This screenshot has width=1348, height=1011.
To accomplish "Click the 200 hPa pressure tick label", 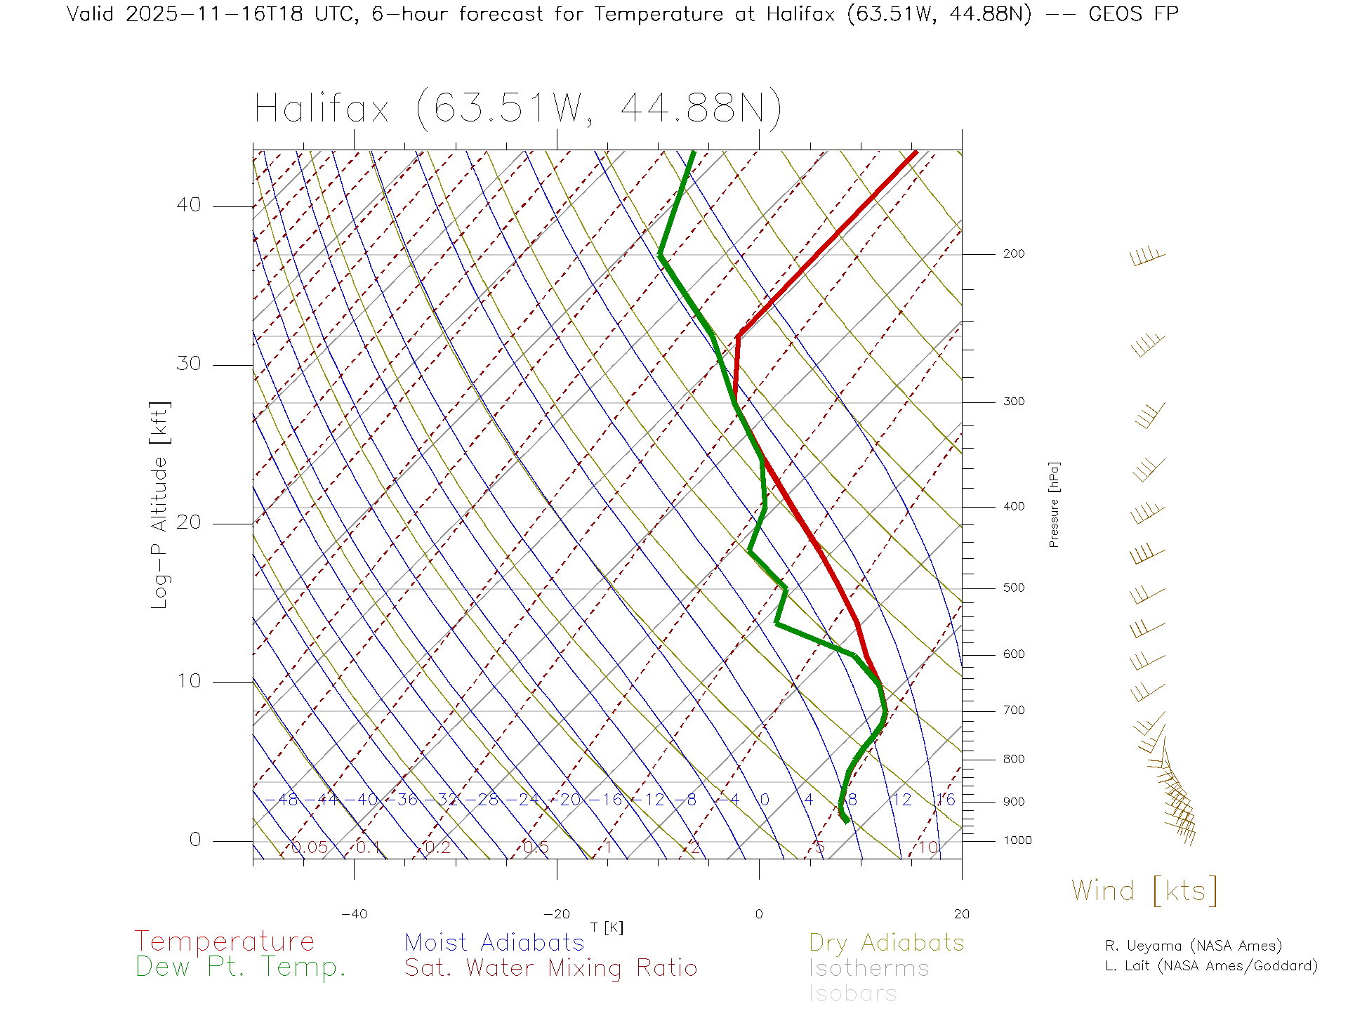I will [1013, 254].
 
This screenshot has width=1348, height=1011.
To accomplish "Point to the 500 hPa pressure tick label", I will [1013, 588].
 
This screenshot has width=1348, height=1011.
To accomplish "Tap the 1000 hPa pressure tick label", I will [1017, 840].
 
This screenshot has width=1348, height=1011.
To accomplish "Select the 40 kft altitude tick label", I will [188, 205].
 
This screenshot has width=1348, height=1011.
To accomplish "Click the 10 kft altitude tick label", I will [188, 681].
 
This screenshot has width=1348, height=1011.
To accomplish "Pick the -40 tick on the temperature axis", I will [354, 914].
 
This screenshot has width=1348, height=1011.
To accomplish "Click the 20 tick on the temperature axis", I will [961, 914].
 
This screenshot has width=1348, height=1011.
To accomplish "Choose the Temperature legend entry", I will [224, 941].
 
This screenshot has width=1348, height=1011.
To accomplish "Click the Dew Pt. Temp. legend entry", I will [241, 967].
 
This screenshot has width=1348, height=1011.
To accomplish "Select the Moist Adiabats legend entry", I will [494, 943].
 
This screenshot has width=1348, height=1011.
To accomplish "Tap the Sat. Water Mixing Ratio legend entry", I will [550, 968].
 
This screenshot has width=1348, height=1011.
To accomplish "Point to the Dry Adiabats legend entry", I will [886, 943].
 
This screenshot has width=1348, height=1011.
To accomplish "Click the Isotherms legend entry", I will [868, 969].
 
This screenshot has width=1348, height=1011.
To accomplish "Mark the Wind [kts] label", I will [1144, 891].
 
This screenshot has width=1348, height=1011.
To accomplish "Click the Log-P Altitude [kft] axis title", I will [160, 505].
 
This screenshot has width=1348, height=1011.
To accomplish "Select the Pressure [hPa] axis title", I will [1054, 504].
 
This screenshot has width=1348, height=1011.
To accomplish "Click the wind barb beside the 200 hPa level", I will [1147, 257].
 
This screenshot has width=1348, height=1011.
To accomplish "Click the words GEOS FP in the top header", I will [1133, 14].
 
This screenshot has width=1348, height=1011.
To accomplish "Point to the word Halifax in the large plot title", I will [322, 110].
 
